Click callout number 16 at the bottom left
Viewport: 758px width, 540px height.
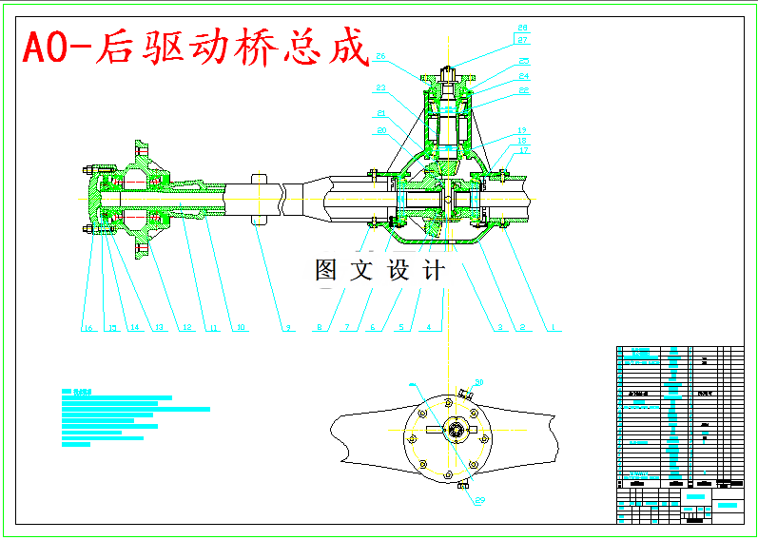point(88,329)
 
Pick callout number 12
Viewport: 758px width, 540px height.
point(187,329)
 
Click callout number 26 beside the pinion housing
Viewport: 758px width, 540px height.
point(380,57)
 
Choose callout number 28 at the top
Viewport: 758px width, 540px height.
point(523,28)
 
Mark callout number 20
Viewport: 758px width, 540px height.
point(381,130)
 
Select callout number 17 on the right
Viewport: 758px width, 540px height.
point(523,150)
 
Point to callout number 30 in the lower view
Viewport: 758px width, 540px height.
point(479,381)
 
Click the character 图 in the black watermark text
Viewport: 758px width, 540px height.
point(326,270)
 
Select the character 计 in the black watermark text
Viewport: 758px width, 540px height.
point(433,270)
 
